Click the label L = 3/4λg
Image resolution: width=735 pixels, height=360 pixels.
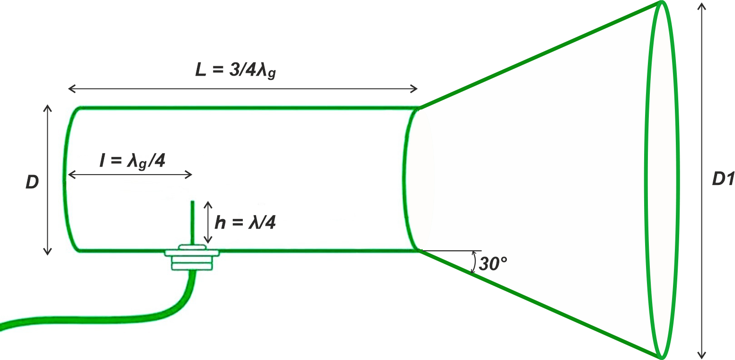[235, 70]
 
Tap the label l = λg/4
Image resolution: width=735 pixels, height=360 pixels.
[132, 161]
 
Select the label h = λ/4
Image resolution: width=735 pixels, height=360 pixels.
[245, 222]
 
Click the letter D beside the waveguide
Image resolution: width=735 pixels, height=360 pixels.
[32, 182]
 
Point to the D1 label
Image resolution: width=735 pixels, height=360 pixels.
[723, 179]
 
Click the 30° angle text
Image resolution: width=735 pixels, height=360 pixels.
[493, 263]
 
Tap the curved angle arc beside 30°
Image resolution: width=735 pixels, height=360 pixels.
[474, 262]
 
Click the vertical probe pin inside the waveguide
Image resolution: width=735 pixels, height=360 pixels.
[192, 223]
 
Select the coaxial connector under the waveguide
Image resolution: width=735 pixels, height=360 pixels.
[192, 258]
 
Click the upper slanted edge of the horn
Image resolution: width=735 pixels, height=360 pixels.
[540, 55]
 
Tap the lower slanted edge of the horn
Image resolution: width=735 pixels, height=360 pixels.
[540, 304]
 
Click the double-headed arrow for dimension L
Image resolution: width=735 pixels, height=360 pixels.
[243, 88]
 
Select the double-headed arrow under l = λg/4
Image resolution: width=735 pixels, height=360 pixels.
[130, 175]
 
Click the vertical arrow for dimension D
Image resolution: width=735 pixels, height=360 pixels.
[48, 180]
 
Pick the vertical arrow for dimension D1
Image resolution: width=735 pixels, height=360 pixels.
[701, 181]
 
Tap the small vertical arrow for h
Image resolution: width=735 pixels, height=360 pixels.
[208, 222]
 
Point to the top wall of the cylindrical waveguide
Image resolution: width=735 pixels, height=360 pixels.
[249, 108]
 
